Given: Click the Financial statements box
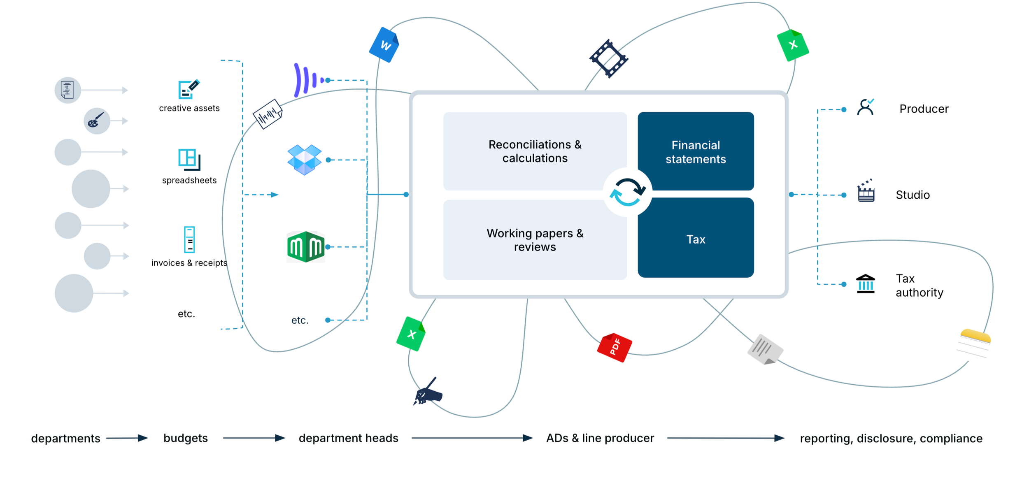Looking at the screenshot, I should [x=696, y=151].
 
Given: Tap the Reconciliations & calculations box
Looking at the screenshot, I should [x=535, y=151].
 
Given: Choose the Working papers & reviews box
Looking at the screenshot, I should [x=535, y=240].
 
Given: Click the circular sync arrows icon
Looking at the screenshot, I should [x=627, y=192].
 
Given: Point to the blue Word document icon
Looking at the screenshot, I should [x=384, y=45].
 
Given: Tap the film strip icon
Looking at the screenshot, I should [x=608, y=58].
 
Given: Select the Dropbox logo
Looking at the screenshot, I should [x=304, y=160].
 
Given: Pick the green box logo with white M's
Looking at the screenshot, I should [x=306, y=247].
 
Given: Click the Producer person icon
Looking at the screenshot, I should [x=865, y=108].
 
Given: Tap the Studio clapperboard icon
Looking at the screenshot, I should [x=866, y=191].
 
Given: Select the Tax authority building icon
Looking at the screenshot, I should [x=865, y=284].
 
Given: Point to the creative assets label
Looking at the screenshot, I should [x=189, y=108].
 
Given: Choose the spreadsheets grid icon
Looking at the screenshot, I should [x=189, y=159].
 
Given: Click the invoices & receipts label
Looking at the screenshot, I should [x=189, y=263].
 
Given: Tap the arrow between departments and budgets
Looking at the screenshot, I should [x=126, y=438].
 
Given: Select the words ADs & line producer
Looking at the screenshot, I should [x=600, y=438].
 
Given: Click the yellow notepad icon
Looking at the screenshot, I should [x=974, y=343].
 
